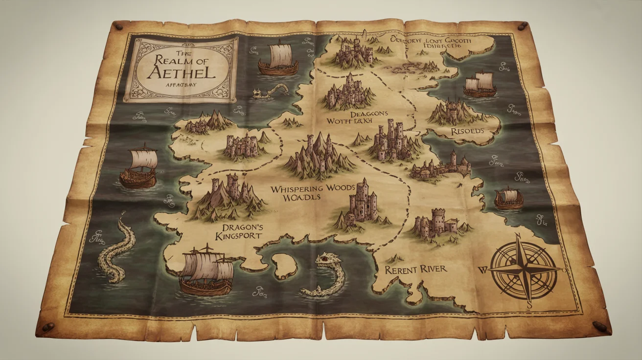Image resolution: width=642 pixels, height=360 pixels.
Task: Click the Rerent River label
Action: (415, 270)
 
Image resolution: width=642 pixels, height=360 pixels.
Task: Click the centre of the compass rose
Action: (524, 268)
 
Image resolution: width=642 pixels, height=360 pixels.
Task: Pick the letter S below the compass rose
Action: (529, 304)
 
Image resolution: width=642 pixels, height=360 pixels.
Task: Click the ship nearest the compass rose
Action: (509, 198)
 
